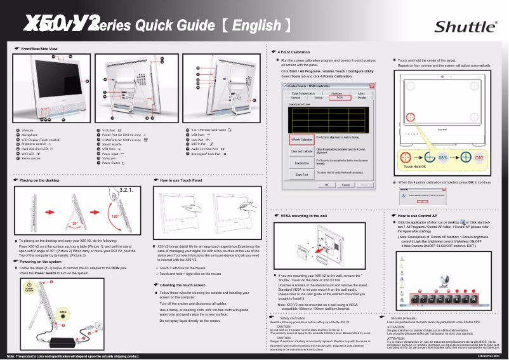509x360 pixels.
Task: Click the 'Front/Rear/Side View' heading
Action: [x=39, y=49]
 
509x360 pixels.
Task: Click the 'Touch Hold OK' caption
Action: [x=414, y=166]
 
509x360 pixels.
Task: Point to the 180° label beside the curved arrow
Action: [x=116, y=217]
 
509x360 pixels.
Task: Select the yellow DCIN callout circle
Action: [x=63, y=312]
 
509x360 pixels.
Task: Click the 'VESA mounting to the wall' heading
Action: [x=303, y=216]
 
